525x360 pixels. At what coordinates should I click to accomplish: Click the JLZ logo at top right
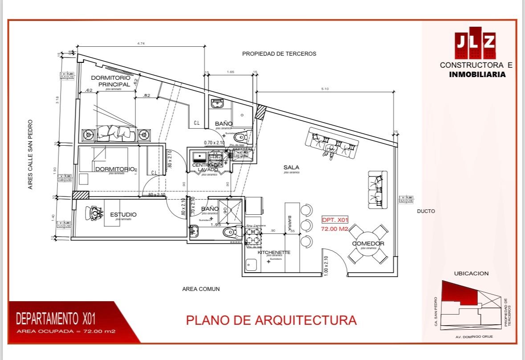[475, 43]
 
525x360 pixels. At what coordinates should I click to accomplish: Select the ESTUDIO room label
[123, 215]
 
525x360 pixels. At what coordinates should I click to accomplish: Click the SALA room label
[291, 168]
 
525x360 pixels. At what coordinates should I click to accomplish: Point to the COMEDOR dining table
[368, 244]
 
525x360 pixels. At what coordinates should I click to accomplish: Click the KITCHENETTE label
[274, 253]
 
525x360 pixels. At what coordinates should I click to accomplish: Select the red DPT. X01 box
[335, 220]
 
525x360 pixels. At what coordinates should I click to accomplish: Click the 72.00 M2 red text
[334, 229]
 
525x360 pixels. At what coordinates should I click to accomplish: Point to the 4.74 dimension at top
[141, 43]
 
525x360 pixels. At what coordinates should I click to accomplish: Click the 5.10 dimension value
[325, 89]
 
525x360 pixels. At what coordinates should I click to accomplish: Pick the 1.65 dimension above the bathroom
[230, 71]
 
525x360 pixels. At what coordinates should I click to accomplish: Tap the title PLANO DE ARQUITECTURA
[271, 320]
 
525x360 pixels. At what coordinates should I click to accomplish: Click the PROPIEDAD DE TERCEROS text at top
[279, 53]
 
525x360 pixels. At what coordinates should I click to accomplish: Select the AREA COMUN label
[201, 289]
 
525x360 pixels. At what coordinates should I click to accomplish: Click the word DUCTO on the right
[426, 211]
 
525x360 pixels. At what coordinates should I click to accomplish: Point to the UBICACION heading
[471, 273]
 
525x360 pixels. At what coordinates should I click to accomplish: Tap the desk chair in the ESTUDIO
[95, 213]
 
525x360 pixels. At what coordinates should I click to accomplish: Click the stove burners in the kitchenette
[253, 236]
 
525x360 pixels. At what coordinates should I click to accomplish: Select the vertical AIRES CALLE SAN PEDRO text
[31, 154]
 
